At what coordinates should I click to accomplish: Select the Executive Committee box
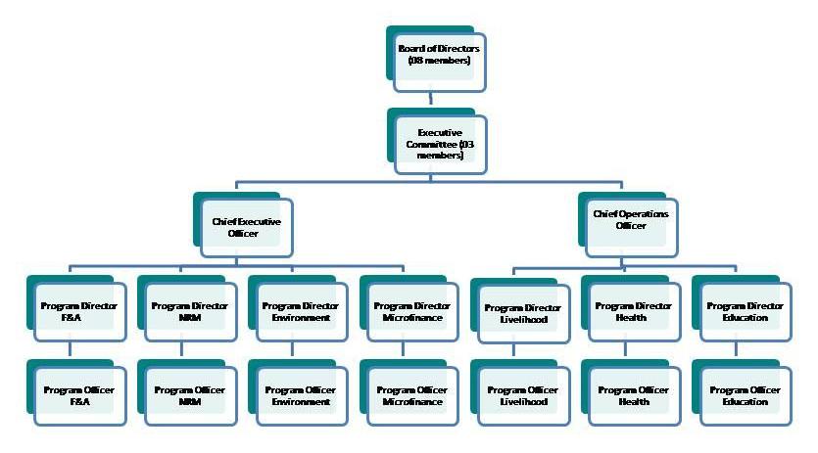(440, 143)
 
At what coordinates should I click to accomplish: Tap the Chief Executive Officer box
(246, 227)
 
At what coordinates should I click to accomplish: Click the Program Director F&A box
(79, 311)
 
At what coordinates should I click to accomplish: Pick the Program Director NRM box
(190, 311)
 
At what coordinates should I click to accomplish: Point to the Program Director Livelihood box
(523, 313)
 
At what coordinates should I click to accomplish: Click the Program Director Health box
(634, 311)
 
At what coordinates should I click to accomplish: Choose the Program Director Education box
(746, 311)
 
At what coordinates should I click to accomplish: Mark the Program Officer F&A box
(79, 395)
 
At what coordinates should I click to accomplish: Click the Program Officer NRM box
(190, 395)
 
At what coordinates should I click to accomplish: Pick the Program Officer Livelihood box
(523, 395)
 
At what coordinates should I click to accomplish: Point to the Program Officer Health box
(634, 395)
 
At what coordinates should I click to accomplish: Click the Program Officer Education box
(746, 395)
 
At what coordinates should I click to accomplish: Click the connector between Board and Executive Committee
(431, 99)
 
